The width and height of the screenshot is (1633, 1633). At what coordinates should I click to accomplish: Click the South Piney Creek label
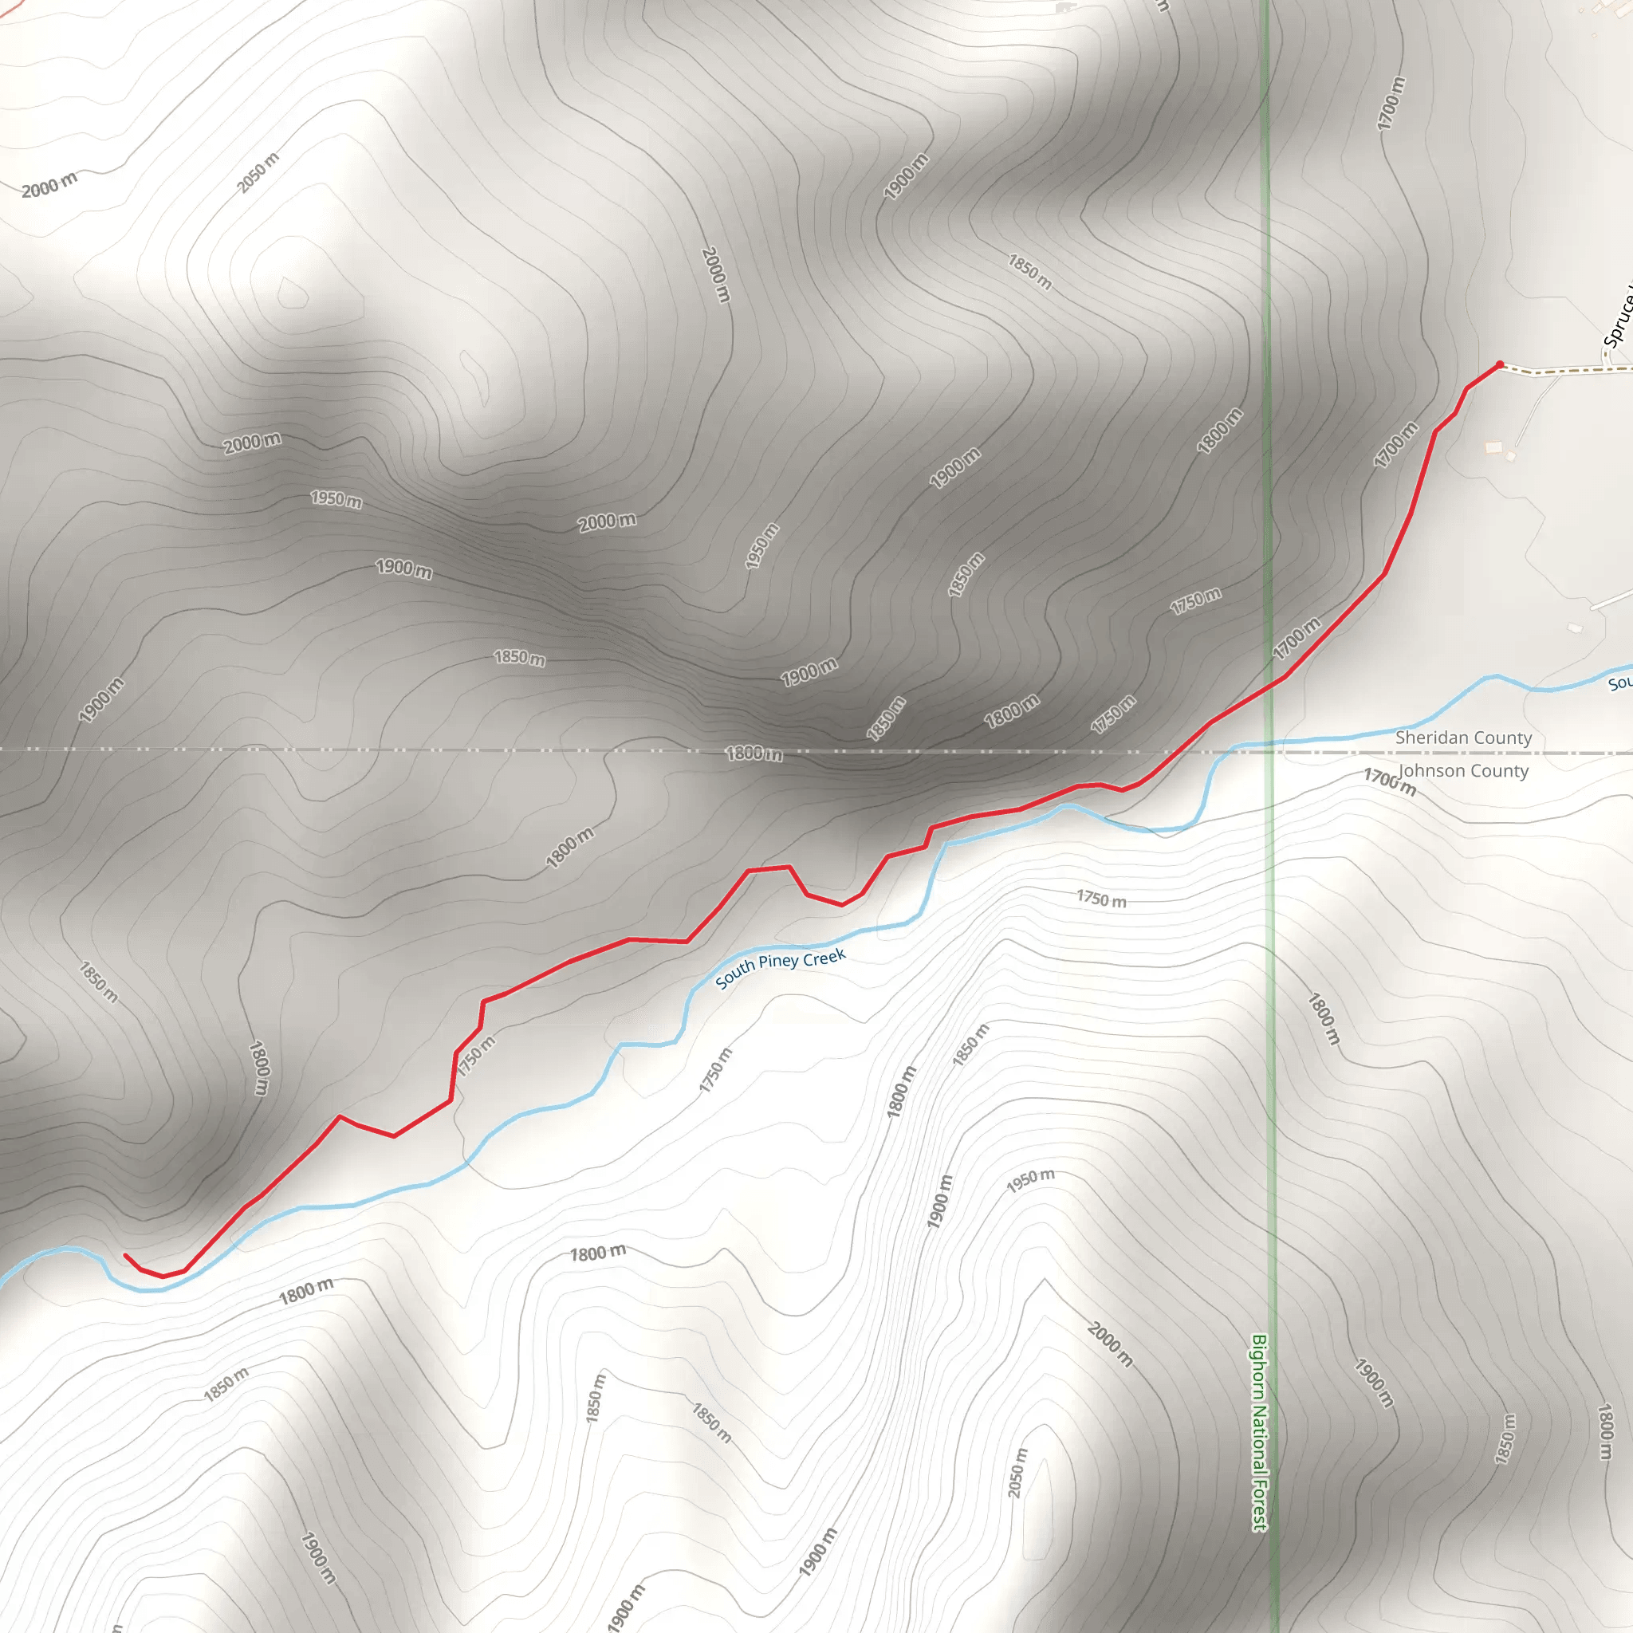[x=779, y=968]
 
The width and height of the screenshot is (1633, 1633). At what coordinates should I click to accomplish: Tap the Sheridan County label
[x=1463, y=738]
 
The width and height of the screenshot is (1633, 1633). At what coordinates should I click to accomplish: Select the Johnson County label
[x=1463, y=771]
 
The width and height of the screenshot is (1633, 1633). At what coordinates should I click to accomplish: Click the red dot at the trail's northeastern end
[x=1500, y=365]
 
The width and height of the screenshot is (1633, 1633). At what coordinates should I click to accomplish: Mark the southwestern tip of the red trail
[x=125, y=1255]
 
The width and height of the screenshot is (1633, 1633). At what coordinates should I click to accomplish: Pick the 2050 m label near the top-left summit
[x=257, y=173]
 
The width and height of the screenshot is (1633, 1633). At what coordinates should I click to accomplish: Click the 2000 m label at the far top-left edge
[x=49, y=184]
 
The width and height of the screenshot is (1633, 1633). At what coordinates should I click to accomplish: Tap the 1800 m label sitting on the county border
[x=754, y=753]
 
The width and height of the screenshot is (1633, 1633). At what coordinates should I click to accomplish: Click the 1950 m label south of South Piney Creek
[x=1030, y=1181]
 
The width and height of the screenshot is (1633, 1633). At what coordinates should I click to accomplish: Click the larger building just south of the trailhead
[x=1494, y=447]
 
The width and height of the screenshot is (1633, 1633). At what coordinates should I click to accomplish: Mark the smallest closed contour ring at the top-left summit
[x=293, y=293]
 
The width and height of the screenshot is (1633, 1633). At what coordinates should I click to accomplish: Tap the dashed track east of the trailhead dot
[x=1564, y=370]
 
